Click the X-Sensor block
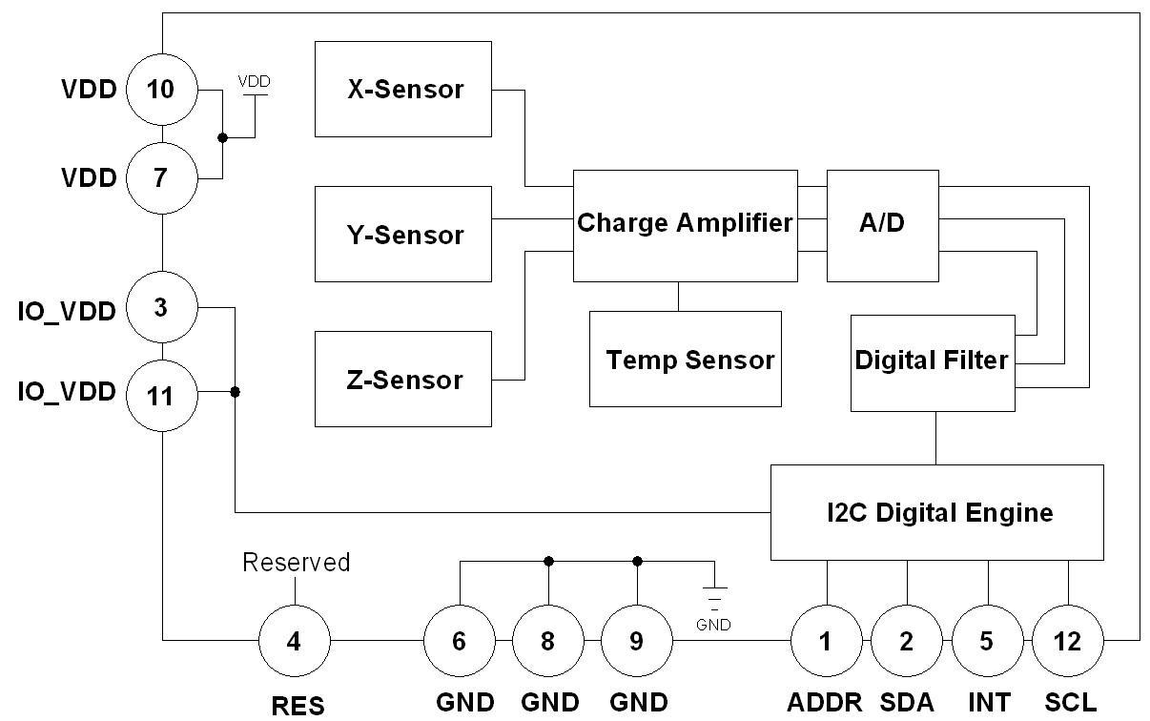pyautogui.click(x=403, y=89)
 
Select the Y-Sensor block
pyautogui.click(x=403, y=235)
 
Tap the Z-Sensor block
pyautogui.click(x=403, y=379)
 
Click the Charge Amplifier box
pyautogui.click(x=685, y=225)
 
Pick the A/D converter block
pyautogui.click(x=882, y=225)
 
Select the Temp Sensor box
pyautogui.click(x=685, y=360)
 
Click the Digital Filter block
pyautogui.click(x=932, y=362)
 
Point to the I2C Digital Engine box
pyautogui.click(x=936, y=512)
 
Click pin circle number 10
pyautogui.click(x=161, y=90)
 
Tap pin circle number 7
pyautogui.click(x=161, y=177)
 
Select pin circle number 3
pyautogui.click(x=161, y=307)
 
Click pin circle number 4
pyautogui.click(x=294, y=641)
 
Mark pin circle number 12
pyautogui.click(x=1068, y=641)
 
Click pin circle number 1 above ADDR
pyautogui.click(x=826, y=641)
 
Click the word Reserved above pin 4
pyautogui.click(x=296, y=563)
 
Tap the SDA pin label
pyautogui.click(x=906, y=703)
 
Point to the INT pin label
pyautogui.click(x=988, y=703)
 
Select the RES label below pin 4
pyautogui.click(x=298, y=706)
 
